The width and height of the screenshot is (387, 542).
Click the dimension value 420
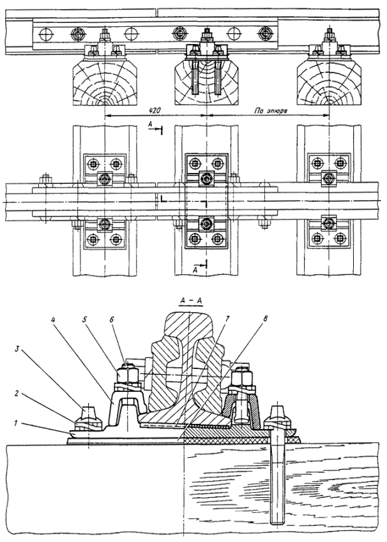pyautogui.click(x=153, y=110)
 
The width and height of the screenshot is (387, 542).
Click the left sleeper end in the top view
pyautogui.click(x=105, y=82)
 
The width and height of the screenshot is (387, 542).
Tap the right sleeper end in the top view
pyautogui.click(x=328, y=82)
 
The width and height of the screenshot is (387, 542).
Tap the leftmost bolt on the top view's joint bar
pyautogui.click(x=78, y=33)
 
